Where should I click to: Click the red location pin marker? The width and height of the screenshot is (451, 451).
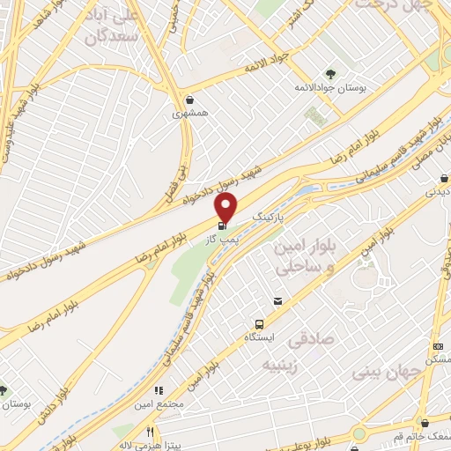coord(226,208)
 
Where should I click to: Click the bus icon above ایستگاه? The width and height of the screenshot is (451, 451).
coord(260,323)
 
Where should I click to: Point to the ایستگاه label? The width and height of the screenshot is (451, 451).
coord(260,337)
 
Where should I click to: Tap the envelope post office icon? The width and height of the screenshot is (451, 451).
coord(278,302)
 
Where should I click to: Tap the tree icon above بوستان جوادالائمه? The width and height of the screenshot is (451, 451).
coord(329,74)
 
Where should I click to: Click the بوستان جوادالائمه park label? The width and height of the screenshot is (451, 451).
coord(329,89)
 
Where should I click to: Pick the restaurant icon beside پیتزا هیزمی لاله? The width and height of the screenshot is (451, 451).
coord(150,433)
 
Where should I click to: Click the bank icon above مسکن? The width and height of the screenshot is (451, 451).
coord(438,347)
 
